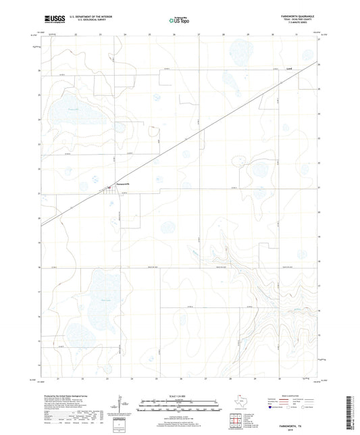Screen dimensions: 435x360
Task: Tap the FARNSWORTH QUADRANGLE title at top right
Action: tap(296, 15)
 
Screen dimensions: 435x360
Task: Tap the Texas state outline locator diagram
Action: tap(238, 401)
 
